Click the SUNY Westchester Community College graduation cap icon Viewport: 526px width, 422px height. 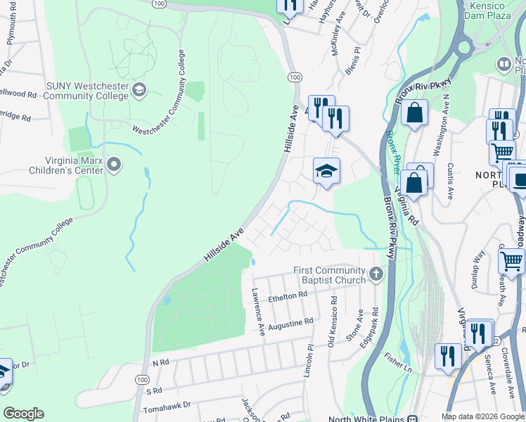coord(139,89)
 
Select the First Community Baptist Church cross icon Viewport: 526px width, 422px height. coord(376,274)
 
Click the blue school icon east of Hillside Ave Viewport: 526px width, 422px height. coord(326,171)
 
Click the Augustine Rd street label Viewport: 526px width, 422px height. coord(289,324)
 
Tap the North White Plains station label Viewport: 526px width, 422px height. coord(362,418)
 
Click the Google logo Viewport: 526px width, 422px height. coord(23,414)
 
